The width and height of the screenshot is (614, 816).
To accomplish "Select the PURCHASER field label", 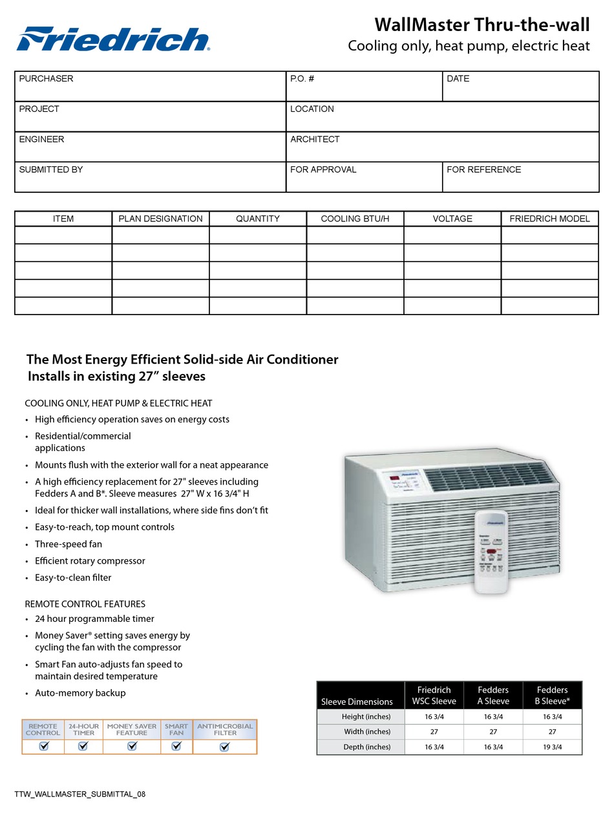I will pos(46,79).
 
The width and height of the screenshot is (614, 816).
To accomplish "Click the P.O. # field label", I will pos(302,79).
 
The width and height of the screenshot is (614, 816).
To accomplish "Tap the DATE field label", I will pos(458,79).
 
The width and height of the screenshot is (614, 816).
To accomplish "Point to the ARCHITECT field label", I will pos(315,139).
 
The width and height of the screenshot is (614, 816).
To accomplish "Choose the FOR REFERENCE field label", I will pos(483,170).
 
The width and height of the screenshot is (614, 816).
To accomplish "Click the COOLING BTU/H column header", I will pos(355,219).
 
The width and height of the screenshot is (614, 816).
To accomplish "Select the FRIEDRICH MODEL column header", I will pos(549,219).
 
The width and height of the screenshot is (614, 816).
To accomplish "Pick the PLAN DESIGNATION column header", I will pos(160,219).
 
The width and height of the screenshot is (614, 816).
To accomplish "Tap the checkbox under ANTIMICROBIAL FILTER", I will pos(224,746).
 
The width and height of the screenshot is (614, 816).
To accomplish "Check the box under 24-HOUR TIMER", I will pos(83,746).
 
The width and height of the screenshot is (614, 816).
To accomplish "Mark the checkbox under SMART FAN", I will pos(176,746).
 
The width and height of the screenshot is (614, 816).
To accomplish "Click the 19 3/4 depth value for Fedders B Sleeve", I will pos(552,747).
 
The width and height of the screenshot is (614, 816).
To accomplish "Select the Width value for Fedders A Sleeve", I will pos(493,731).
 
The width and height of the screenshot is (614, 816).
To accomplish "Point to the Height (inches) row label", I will pos(366,716).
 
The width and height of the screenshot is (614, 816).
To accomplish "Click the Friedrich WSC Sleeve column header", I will pos(434,695).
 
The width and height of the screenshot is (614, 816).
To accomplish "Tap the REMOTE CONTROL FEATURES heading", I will pos(85,604).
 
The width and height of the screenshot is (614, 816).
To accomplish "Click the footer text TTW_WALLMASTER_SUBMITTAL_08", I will pos(79,794).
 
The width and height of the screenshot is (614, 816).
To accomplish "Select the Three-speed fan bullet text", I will pos(69,544).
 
